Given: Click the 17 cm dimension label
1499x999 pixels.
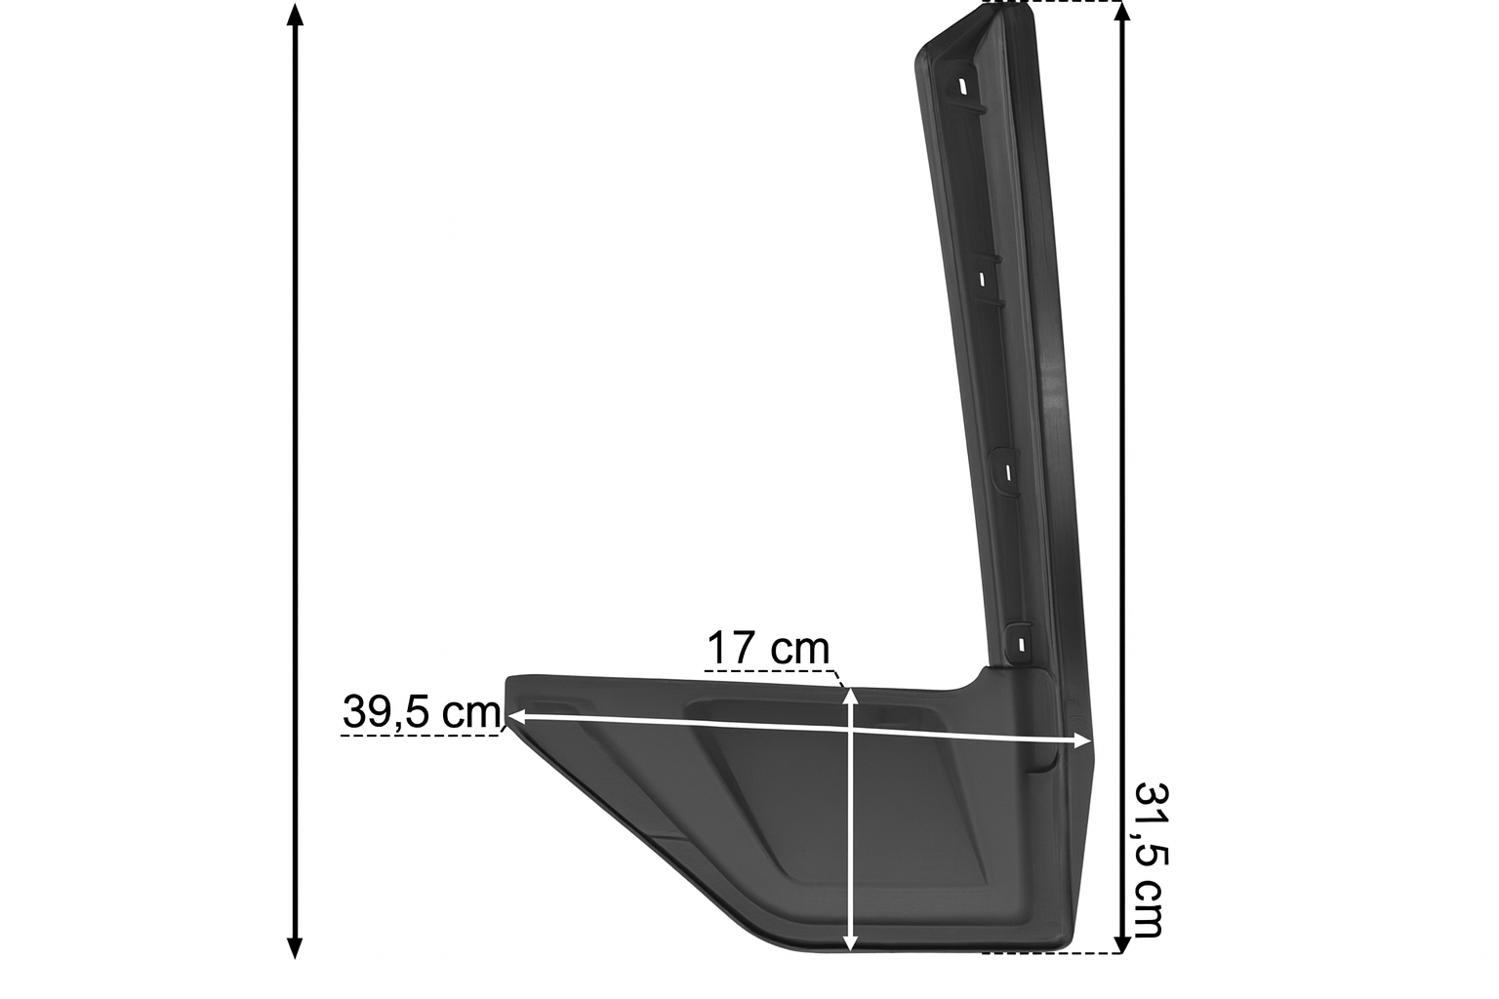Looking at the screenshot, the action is pyautogui.click(x=768, y=648).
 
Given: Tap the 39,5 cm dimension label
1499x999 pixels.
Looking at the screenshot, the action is pyautogui.click(x=422, y=711).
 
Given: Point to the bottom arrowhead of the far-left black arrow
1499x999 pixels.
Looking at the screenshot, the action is pyautogui.click(x=295, y=948).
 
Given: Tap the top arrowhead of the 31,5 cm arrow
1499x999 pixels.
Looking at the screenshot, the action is pyautogui.click(x=1122, y=14).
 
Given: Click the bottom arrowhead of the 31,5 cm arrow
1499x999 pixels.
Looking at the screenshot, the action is pyautogui.click(x=1122, y=942).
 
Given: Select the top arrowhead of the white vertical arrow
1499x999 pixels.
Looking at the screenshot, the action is pyautogui.click(x=850, y=699).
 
